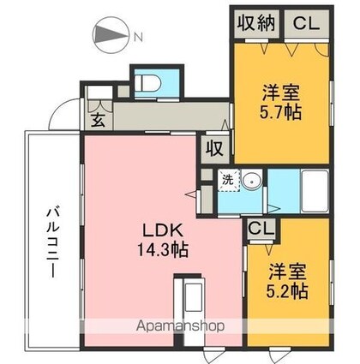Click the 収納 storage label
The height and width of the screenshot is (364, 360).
(x=256, y=23)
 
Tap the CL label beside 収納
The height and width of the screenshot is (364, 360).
(x=306, y=23)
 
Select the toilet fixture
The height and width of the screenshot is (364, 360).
(x=147, y=82)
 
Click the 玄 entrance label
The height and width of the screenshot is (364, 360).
(x=98, y=120)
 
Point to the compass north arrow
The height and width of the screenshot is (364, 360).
(x=110, y=36)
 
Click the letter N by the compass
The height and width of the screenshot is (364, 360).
(x=138, y=37)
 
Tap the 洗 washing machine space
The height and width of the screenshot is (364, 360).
(x=228, y=180)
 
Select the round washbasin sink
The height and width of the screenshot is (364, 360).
(x=251, y=180)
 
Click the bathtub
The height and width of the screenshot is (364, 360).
(x=315, y=191)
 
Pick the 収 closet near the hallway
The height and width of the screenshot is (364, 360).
(x=215, y=149)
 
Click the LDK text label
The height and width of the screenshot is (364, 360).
(x=163, y=231)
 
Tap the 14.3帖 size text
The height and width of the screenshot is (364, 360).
(x=163, y=249)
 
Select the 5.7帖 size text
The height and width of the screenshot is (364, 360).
(x=280, y=112)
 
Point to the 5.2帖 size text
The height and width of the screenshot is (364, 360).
(x=287, y=291)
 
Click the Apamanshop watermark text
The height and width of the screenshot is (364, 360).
(x=180, y=325)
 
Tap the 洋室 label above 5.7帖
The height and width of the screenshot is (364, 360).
(x=280, y=93)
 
